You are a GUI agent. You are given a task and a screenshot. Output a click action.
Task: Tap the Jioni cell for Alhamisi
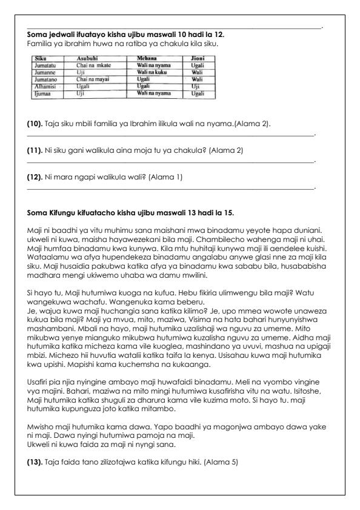(x=190, y=86)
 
